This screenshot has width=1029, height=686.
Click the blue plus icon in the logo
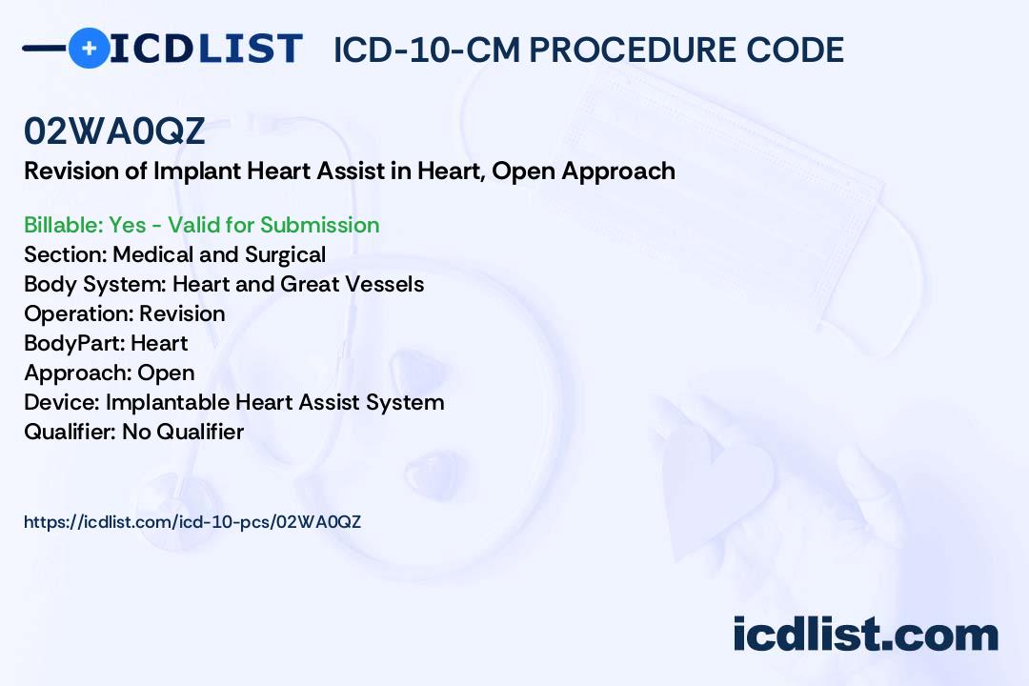click(x=89, y=48)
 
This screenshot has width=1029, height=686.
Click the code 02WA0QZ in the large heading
click(x=114, y=131)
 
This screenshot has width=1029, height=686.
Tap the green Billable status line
click(x=201, y=225)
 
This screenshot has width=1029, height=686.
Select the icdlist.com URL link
click(x=192, y=522)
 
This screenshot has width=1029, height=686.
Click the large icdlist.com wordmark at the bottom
click(x=865, y=634)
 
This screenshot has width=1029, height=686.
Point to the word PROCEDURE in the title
click(x=632, y=50)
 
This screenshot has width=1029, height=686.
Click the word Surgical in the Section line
click(x=286, y=255)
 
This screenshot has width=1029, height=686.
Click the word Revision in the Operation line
click(x=182, y=313)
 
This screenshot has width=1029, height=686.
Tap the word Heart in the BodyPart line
click(x=159, y=343)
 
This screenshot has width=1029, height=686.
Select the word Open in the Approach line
click(x=166, y=373)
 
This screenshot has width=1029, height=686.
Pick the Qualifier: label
click(x=71, y=432)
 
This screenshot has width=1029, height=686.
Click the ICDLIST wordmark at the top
click(x=206, y=49)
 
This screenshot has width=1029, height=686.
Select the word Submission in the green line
click(x=319, y=225)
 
